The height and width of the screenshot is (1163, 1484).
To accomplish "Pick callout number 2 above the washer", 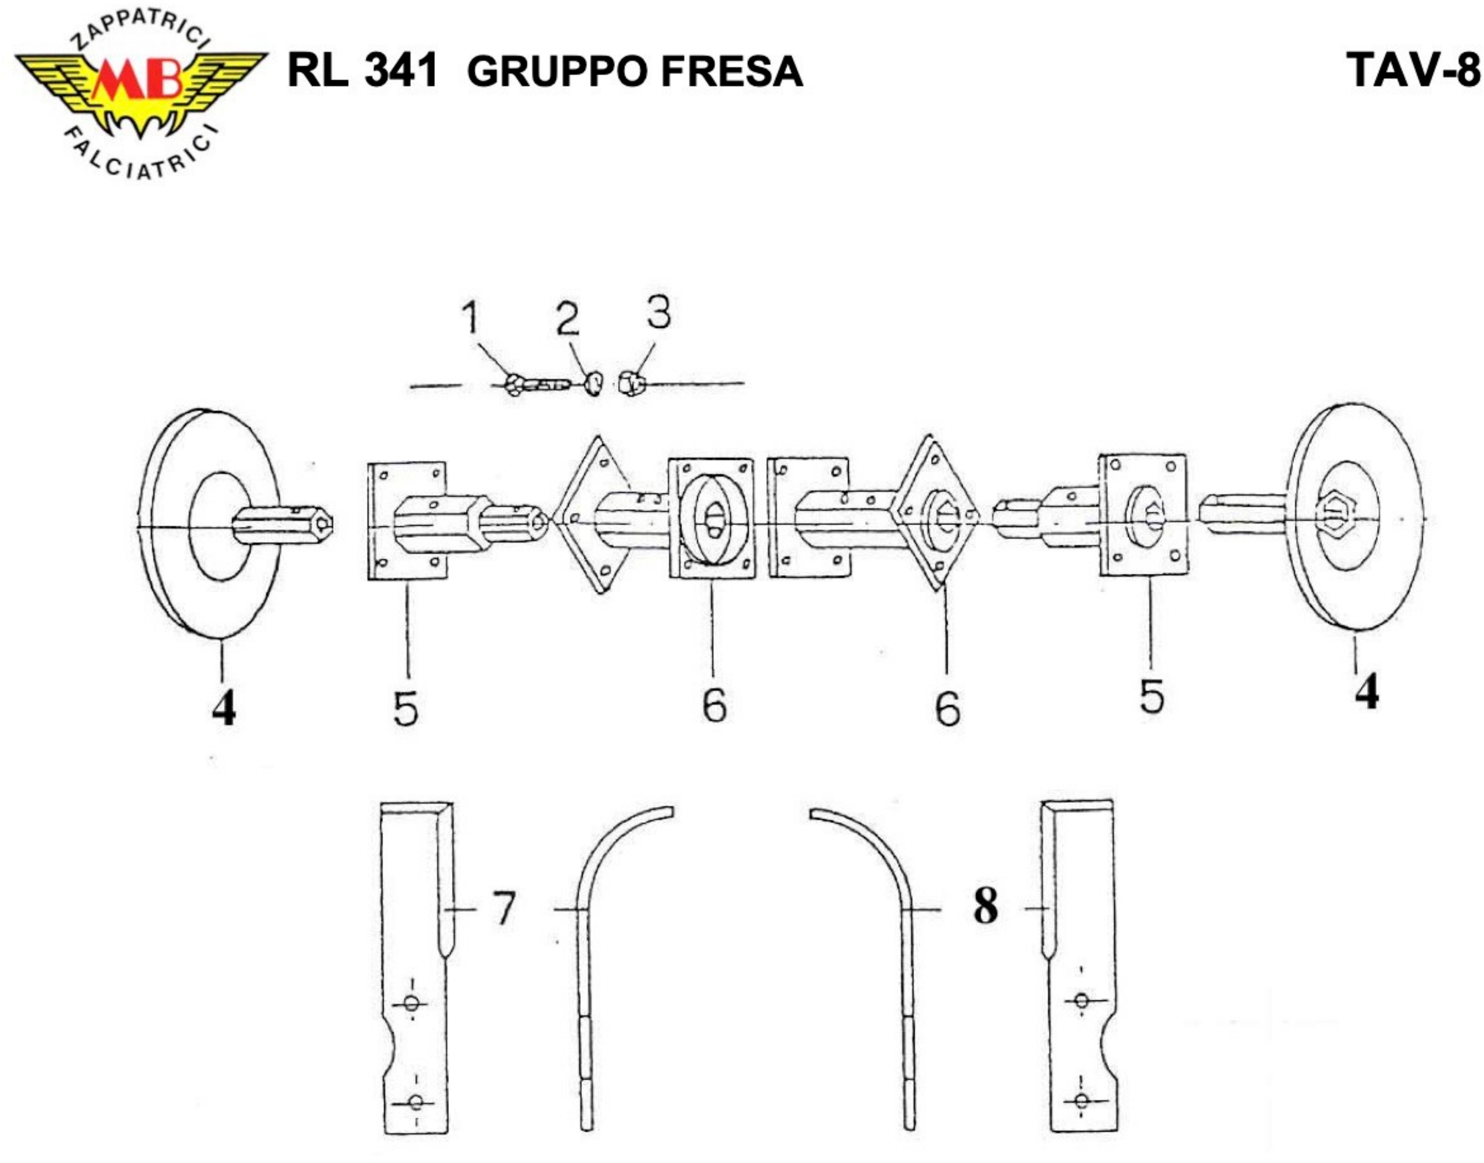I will [x=567, y=320].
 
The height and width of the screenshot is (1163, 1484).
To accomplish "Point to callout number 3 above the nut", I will [x=658, y=313].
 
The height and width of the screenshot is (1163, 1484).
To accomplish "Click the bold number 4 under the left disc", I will [x=224, y=709].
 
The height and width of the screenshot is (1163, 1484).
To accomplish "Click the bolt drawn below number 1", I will [x=534, y=385].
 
